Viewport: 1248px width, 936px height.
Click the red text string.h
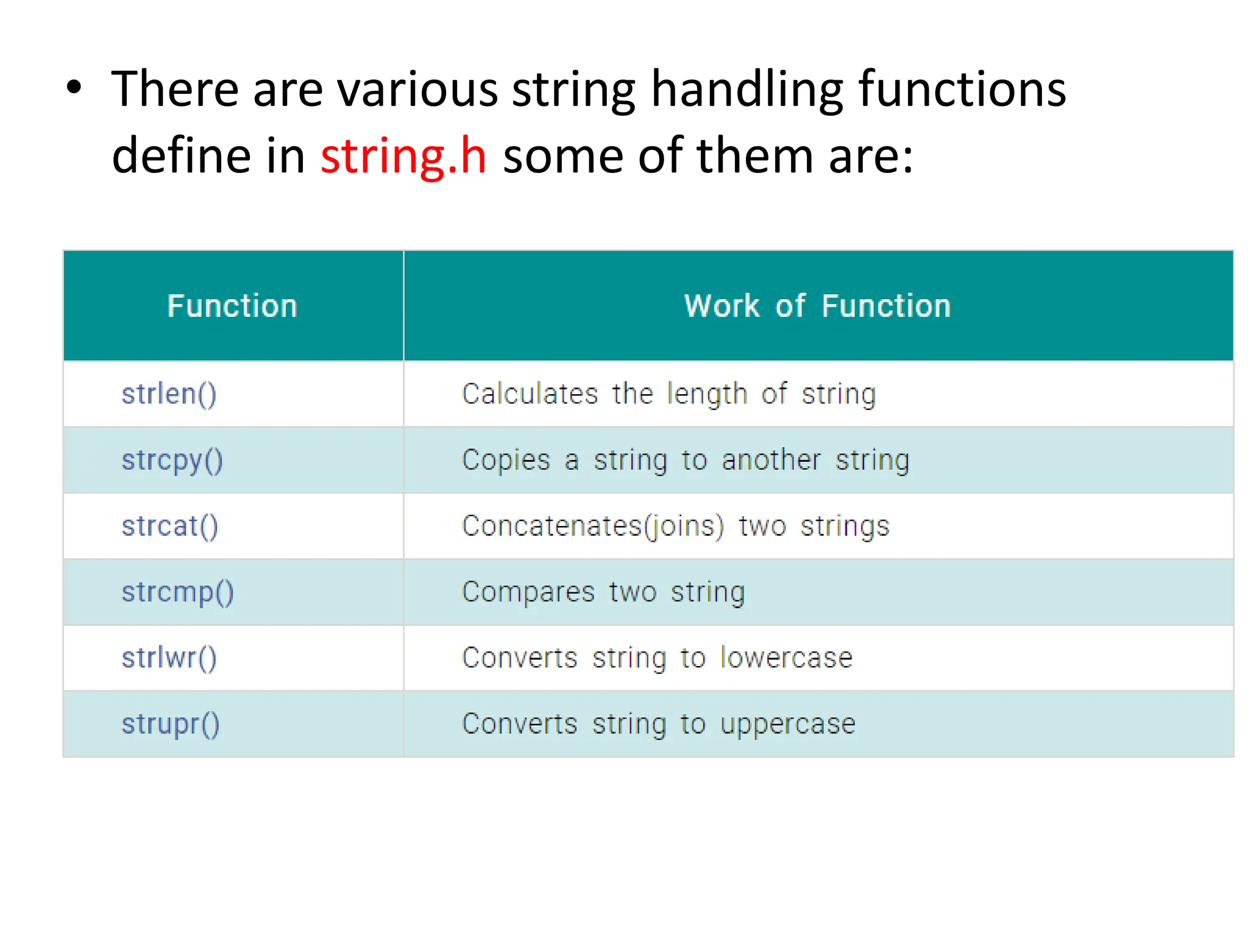click(403, 157)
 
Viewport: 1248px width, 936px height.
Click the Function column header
click(232, 306)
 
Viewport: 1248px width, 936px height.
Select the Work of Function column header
click(817, 306)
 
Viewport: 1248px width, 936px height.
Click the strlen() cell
click(169, 394)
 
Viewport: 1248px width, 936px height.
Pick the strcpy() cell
click(172, 461)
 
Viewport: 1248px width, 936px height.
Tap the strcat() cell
click(169, 526)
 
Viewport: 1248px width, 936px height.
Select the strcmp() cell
click(177, 593)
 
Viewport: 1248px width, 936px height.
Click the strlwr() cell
click(169, 659)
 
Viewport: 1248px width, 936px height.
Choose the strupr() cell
click(170, 725)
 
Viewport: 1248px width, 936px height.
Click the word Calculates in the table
click(530, 394)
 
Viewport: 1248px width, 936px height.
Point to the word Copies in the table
click(506, 460)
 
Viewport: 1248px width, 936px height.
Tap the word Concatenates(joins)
click(593, 526)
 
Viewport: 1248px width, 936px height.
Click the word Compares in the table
click(528, 593)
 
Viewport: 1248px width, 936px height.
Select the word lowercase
click(786, 658)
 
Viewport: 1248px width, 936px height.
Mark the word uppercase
click(788, 725)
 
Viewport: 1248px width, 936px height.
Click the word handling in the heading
click(746, 90)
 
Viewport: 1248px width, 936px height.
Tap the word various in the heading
click(417, 90)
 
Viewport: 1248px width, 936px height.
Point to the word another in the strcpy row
click(771, 460)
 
